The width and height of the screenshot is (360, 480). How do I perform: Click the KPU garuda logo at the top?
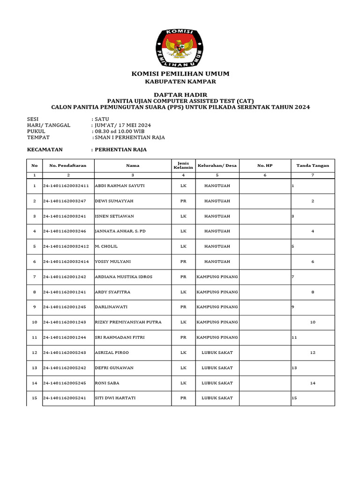(180, 47)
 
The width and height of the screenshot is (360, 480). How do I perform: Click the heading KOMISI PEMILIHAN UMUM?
(180, 74)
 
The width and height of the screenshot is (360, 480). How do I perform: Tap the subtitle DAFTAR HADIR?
(180, 95)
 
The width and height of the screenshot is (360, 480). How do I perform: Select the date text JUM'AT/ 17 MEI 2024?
(123, 125)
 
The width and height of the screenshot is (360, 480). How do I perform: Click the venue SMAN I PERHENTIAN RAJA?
(129, 137)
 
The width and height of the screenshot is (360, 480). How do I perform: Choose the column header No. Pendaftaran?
(68, 165)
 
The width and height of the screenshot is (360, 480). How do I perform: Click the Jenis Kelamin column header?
(183, 165)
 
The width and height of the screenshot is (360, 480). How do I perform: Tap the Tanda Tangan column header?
(313, 165)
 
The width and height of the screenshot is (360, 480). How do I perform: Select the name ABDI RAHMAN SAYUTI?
(120, 186)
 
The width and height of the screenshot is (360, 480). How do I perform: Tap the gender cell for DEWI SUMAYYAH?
(183, 201)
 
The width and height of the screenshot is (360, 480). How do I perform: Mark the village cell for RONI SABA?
(217, 383)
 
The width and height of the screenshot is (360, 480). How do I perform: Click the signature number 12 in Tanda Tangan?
(313, 352)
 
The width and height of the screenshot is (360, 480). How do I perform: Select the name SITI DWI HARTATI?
(115, 398)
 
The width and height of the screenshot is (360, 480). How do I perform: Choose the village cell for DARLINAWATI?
(217, 307)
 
